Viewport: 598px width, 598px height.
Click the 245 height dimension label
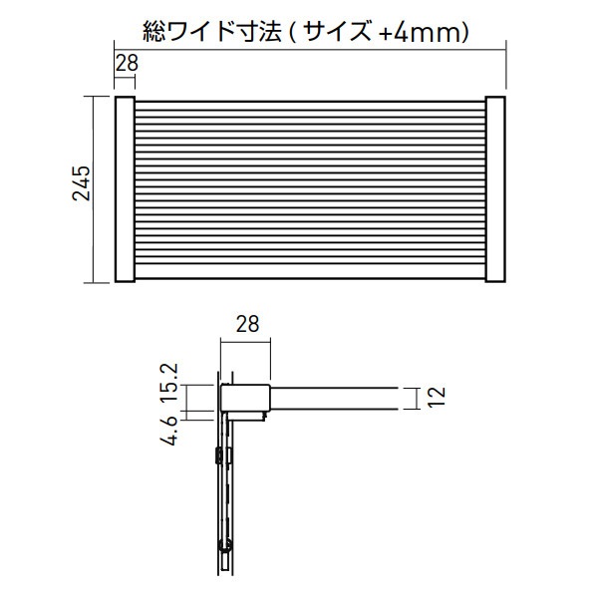point(82,182)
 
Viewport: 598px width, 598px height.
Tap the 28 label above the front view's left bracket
point(127,63)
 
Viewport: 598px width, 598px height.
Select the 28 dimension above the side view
point(247,324)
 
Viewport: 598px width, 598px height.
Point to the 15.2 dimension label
point(167,383)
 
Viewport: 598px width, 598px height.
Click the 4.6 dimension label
point(167,429)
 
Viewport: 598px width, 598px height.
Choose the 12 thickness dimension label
point(436,397)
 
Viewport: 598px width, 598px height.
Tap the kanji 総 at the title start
point(154,31)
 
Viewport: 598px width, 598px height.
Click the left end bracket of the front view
point(126,189)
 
